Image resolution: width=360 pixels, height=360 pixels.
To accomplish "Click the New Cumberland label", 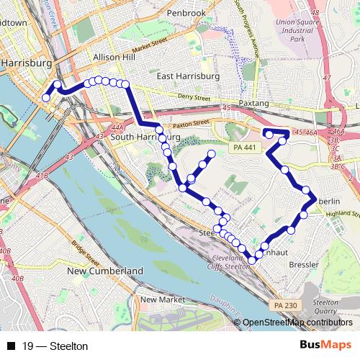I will (x=105, y=271).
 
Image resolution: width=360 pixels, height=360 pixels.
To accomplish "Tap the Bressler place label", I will (x=303, y=264).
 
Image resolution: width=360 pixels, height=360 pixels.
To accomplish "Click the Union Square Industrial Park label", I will (x=296, y=30).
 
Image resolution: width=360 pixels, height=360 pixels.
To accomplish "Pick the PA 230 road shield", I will (x=284, y=306).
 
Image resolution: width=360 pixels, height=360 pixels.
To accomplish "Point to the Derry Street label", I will (x=195, y=97).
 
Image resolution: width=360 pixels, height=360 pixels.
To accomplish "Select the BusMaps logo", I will (x=326, y=346).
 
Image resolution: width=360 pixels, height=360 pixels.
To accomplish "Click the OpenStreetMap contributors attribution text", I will (x=297, y=323).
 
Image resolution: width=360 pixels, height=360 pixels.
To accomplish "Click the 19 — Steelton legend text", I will (x=55, y=346).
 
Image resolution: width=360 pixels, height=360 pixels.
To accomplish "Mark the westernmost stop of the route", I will (x=46, y=98).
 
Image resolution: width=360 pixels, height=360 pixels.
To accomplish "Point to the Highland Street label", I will (x=342, y=214).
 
